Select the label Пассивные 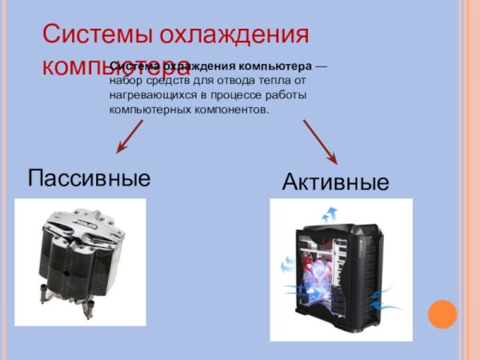tap(89, 177)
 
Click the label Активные tap(336, 182)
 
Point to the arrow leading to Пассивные tap(130, 135)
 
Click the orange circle tap(442, 314)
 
